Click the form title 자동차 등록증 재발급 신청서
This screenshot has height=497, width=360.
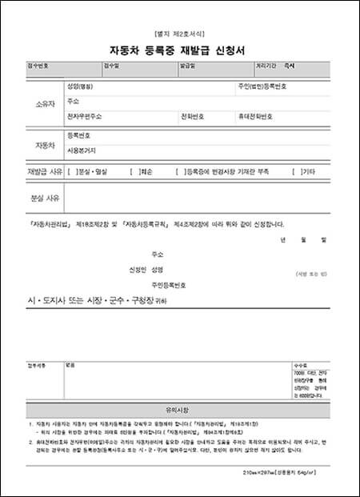179,47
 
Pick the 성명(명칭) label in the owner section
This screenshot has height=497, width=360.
81,86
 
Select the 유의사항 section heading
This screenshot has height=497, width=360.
179,407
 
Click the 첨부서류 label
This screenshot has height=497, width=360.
38,364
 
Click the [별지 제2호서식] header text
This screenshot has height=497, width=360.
179,34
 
